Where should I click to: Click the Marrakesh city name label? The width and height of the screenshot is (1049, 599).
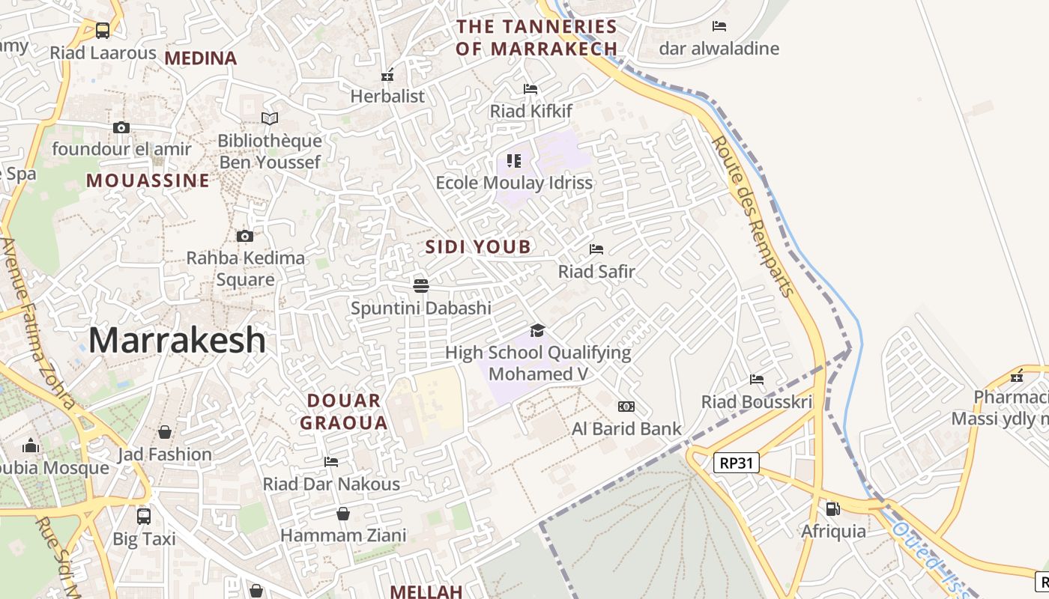tap(177, 341)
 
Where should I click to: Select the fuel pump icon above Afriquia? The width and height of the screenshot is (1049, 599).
tap(832, 509)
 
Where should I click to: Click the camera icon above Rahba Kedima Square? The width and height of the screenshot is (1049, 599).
tap(244, 237)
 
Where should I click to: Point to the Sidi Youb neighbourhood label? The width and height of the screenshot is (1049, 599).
tap(478, 247)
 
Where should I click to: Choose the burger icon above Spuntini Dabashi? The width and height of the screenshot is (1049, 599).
tap(421, 285)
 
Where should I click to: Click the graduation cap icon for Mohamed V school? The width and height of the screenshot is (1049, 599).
tap(537, 330)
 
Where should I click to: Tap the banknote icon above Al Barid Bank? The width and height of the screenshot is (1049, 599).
tap(626, 407)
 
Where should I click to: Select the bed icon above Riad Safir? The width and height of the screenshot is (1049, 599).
tap(596, 249)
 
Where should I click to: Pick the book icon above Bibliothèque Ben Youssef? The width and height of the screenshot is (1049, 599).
tap(270, 118)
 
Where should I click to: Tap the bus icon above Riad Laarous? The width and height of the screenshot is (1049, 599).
tap(103, 31)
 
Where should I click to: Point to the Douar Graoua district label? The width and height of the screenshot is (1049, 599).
tap(344, 412)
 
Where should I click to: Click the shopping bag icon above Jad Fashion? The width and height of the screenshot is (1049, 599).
tap(165, 432)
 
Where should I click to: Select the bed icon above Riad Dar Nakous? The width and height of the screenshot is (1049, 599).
tap(331, 462)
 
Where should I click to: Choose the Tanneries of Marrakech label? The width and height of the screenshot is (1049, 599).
tap(536, 37)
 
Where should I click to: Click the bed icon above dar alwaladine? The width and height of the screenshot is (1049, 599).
tap(719, 26)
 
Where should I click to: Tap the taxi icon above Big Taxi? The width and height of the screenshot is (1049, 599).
tap(144, 516)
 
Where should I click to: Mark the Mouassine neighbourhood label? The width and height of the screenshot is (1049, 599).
tap(148, 180)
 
